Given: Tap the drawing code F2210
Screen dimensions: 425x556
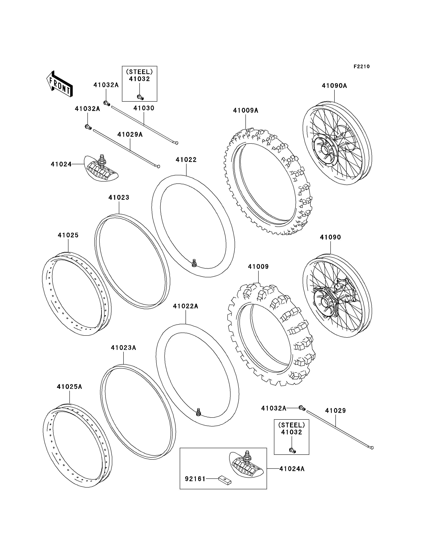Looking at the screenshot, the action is [x=362, y=67].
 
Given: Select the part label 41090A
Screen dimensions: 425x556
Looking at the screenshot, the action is [x=334, y=86].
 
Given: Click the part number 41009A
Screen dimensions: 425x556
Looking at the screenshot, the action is [x=245, y=110].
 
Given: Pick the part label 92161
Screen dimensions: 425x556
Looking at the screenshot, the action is [x=195, y=479].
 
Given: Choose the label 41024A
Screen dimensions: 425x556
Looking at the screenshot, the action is [x=292, y=469].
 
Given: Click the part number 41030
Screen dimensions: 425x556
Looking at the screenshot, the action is [x=144, y=108].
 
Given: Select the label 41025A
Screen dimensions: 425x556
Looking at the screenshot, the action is [x=69, y=387].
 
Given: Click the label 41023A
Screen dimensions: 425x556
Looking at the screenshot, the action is [x=124, y=348].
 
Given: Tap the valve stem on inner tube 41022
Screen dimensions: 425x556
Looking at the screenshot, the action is [x=194, y=263].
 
